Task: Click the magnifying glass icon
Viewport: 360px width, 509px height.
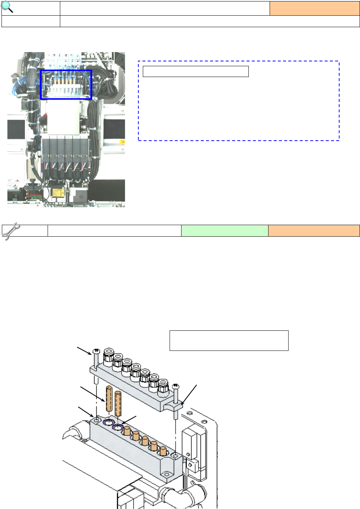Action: [7, 7]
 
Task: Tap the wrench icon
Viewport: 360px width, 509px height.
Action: [11, 231]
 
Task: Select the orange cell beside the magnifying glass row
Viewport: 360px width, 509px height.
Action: [314, 8]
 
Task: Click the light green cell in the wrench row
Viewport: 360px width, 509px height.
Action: [225, 231]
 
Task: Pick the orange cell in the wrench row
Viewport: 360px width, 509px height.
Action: [314, 231]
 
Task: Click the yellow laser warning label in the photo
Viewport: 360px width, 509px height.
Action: [58, 193]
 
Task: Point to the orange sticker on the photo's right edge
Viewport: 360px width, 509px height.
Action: [122, 142]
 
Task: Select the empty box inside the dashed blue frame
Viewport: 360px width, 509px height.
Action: [196, 71]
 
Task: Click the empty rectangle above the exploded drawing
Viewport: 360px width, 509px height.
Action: [229, 340]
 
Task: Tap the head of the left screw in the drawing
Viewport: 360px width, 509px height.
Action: [96, 351]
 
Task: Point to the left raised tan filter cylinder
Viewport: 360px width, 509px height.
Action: [109, 398]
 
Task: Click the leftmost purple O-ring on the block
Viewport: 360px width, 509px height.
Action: [108, 422]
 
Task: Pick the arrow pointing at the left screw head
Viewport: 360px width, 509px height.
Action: [84, 350]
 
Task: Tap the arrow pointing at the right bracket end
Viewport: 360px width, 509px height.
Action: [189, 394]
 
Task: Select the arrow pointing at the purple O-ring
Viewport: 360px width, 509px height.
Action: [129, 419]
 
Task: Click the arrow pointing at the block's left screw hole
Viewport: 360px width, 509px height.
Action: [86, 412]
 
